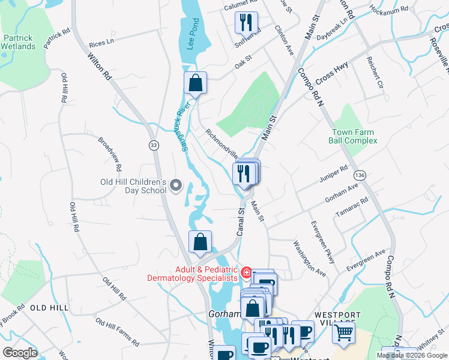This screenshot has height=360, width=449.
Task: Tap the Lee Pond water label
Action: click(x=191, y=34)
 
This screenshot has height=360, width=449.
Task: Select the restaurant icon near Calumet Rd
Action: click(x=246, y=23)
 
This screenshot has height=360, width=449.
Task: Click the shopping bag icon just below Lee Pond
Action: click(x=196, y=83)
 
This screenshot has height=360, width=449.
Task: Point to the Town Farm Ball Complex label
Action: click(x=352, y=136)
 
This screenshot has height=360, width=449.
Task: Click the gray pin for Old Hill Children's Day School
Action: click(x=176, y=186)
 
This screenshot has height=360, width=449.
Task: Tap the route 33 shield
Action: click(x=154, y=145)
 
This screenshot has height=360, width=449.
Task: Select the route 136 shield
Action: click(x=360, y=175)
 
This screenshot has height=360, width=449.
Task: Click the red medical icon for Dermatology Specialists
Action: click(x=246, y=274)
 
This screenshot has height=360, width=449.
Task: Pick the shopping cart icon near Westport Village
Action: click(x=343, y=331)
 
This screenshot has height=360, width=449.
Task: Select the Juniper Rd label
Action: click(x=335, y=173)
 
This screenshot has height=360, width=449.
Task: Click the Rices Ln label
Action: click(x=101, y=44)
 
